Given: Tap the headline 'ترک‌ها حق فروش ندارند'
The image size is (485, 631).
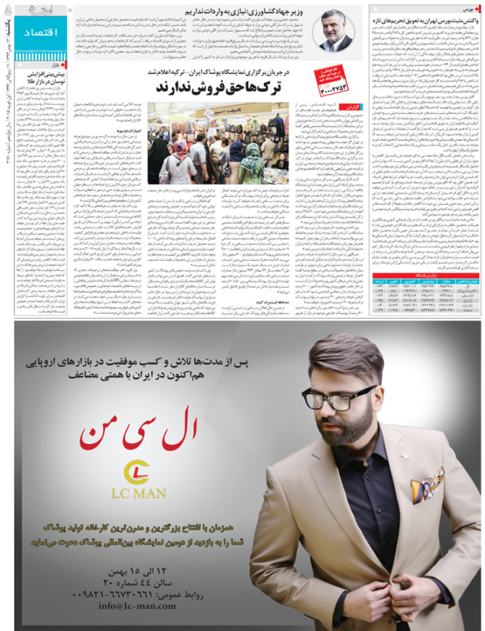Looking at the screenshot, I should pyautogui.click(x=220, y=85).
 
